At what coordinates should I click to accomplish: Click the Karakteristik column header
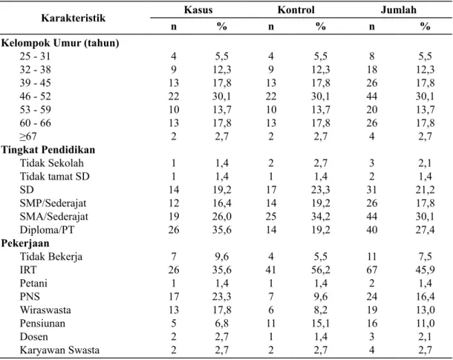[x=73, y=19]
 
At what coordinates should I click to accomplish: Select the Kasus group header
[x=198, y=10]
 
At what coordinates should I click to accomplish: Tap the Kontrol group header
[x=296, y=10]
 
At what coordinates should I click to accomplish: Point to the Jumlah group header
[x=398, y=10]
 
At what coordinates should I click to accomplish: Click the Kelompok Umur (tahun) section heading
[x=60, y=43]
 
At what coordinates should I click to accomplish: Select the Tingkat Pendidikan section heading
[x=48, y=150]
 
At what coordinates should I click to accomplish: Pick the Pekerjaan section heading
[x=25, y=243]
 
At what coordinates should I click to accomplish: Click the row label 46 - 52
[x=35, y=96]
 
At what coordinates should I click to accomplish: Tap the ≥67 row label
[x=28, y=137]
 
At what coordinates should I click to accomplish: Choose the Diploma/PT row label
[x=47, y=230]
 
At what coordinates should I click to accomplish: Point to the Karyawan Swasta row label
[x=59, y=350]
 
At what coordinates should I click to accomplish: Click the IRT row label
[x=28, y=270]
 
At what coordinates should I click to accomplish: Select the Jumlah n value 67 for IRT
[x=371, y=270]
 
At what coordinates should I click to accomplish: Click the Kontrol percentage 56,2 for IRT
[x=320, y=270]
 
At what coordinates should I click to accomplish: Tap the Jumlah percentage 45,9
[x=425, y=270]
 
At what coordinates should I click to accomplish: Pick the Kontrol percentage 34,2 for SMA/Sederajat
[x=320, y=217]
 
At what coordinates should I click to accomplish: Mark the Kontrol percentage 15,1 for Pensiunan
[x=320, y=324]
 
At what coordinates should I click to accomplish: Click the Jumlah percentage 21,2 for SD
[x=425, y=190]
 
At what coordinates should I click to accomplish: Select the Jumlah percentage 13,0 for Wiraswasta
[x=425, y=310]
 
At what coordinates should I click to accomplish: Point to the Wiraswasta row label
[x=45, y=310]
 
